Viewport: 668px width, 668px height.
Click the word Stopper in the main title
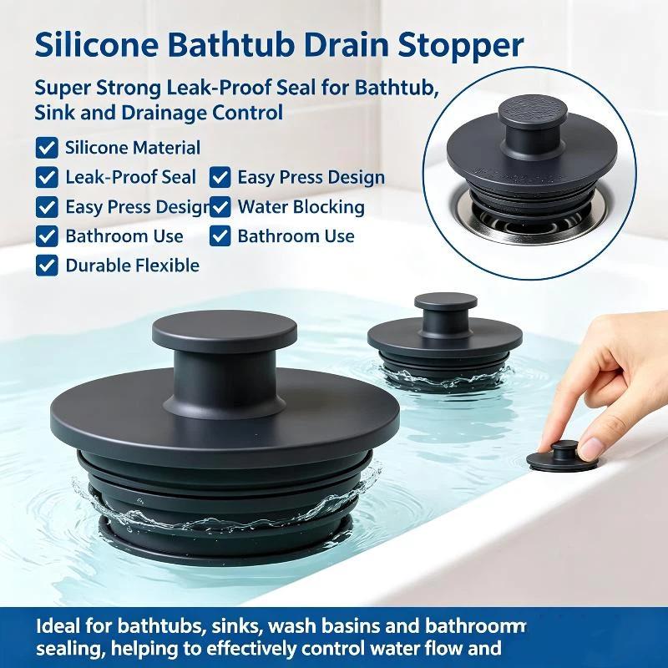tap(461, 45)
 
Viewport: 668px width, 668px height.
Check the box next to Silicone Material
tap(47, 149)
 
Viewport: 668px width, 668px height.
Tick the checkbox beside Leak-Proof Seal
tap(47, 178)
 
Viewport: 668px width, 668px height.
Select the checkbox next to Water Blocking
tap(220, 207)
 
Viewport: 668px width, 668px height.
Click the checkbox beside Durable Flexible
tap(47, 266)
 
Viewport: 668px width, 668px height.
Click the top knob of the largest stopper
tap(225, 329)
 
